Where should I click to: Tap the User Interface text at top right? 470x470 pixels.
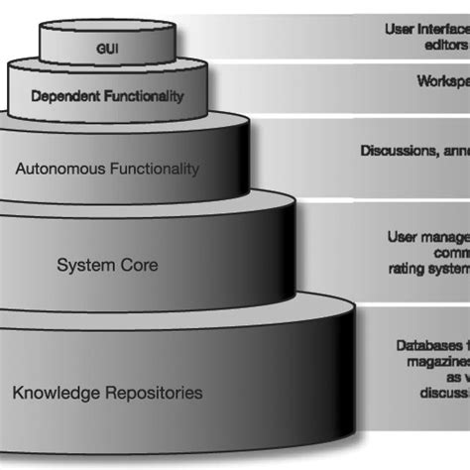click(x=426, y=30)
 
